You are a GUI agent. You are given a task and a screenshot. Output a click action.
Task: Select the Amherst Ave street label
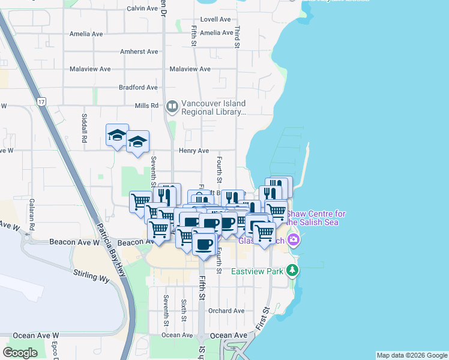139,52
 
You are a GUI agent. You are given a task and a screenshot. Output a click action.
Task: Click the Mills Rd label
146,106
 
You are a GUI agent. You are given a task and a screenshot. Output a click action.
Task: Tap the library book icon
172,107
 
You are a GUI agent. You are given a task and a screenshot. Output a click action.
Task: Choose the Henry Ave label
194,151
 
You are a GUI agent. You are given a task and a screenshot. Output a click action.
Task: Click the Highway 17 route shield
41,103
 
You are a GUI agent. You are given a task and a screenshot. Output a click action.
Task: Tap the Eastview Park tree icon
292,271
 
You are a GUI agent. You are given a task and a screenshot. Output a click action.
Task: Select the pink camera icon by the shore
294,240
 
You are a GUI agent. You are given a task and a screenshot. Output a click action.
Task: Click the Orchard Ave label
227,311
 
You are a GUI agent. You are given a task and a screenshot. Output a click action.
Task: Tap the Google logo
20,353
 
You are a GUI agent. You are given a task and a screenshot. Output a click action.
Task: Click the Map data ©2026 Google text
411,355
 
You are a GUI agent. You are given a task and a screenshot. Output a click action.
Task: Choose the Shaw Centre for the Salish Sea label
316,218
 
